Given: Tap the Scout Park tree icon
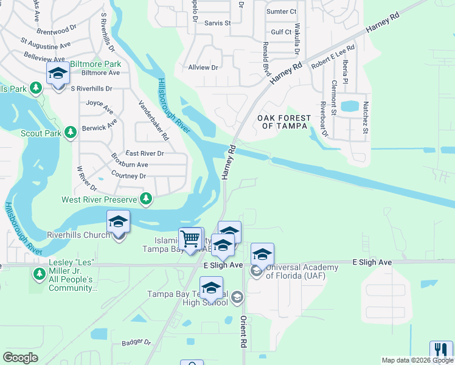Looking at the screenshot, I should (x=71, y=132).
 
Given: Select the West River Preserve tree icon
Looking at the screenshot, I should (x=146, y=198).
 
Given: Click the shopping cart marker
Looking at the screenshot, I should (x=190, y=238).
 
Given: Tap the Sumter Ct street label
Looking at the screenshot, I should (x=281, y=12).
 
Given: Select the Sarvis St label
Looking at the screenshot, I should (x=218, y=23).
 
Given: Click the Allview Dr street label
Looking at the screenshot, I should (x=203, y=68).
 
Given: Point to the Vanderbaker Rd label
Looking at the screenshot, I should (x=154, y=120).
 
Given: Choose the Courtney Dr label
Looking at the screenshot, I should (x=128, y=176).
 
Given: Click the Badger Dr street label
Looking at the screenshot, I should (x=135, y=342).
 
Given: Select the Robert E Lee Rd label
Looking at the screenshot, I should (x=332, y=57).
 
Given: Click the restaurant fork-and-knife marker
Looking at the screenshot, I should (x=440, y=351).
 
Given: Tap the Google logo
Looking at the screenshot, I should (x=20, y=358).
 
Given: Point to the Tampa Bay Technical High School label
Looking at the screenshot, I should (x=190, y=298).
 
